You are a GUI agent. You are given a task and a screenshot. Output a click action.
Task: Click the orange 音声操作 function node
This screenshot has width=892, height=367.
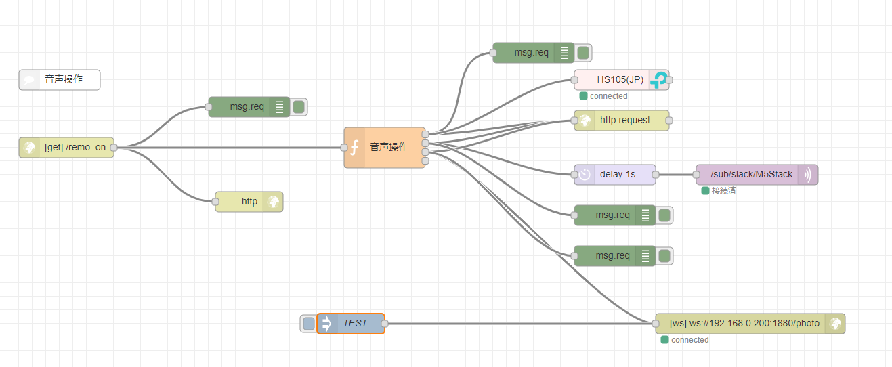click(389, 147)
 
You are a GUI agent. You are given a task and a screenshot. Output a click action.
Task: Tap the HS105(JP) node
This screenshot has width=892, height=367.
click(620, 80)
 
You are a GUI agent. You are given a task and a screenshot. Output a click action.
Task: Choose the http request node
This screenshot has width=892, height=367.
click(624, 121)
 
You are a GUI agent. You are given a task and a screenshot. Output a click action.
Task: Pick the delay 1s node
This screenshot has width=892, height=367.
click(617, 175)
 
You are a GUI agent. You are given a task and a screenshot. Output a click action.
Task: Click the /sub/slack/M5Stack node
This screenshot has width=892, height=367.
click(751, 175)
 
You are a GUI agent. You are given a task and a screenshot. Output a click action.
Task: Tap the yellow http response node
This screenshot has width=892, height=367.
click(249, 202)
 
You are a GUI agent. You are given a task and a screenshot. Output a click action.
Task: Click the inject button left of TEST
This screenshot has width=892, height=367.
click(309, 324)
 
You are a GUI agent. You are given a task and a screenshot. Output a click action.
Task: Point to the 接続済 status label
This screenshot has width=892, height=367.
click(723, 191)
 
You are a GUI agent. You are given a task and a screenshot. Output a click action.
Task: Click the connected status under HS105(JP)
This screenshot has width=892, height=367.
click(608, 96)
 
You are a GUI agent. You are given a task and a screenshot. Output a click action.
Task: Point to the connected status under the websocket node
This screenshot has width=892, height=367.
click(689, 340)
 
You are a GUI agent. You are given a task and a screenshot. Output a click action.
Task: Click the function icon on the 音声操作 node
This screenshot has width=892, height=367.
click(354, 147)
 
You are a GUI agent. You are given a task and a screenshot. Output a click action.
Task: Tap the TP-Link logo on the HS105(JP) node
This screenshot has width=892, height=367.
click(658, 80)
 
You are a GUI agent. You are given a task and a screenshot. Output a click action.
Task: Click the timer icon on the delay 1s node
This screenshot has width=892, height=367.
click(585, 175)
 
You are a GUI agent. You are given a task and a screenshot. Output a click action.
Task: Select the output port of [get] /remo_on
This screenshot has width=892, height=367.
click(114, 147)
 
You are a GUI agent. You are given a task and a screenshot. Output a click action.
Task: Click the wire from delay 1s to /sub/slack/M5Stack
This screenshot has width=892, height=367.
click(675, 175)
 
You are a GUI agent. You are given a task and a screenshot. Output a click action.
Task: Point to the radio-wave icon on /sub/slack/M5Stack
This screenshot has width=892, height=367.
click(808, 175)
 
